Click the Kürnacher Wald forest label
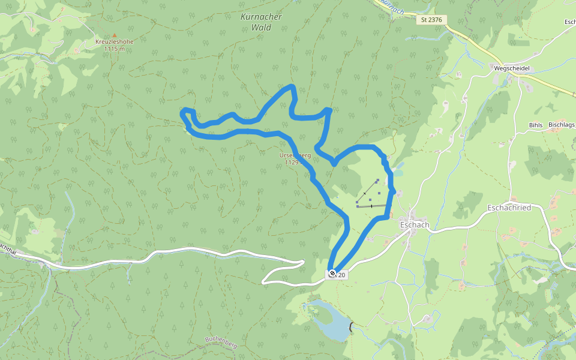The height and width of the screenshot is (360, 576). click(x=261, y=22)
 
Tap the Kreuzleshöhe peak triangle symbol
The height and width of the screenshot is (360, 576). click(x=114, y=35)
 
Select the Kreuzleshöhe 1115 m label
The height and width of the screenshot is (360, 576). click(x=114, y=45)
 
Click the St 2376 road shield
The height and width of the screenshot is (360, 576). click(x=431, y=20)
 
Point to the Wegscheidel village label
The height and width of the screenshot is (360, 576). click(x=511, y=68)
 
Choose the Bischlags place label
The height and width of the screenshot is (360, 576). click(x=561, y=125)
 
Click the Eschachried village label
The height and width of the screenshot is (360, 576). click(x=509, y=208)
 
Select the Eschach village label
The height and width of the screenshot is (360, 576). click(x=414, y=225)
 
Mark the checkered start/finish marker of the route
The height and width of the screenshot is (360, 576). click(x=332, y=274)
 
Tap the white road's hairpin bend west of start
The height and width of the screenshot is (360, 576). click(x=265, y=279)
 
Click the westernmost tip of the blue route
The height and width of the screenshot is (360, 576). click(x=182, y=112)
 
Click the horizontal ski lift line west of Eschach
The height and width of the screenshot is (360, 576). click(x=371, y=206)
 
